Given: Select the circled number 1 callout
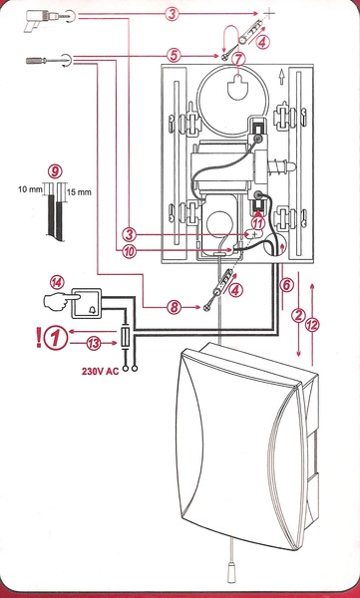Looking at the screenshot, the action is (x=56, y=338).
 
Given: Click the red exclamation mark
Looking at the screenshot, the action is (x=39, y=338).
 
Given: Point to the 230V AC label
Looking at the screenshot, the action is (x=100, y=371).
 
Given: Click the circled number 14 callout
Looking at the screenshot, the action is (x=58, y=283).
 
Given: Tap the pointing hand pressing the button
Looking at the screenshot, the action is (x=57, y=301).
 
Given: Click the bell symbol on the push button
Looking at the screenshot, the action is (x=93, y=310).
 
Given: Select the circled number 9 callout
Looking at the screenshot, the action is (x=56, y=172).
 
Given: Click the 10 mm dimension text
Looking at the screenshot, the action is (x=30, y=189).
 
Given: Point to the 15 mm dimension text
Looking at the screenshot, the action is (x=79, y=192).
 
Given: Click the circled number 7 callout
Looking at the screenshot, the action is (x=238, y=59).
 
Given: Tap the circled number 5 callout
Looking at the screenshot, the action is (x=174, y=56).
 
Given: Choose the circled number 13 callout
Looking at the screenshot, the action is (x=93, y=343).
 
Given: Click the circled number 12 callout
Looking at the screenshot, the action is (x=313, y=325).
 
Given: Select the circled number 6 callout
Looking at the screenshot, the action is (x=286, y=284).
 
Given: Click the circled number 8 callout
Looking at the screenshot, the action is (x=175, y=307).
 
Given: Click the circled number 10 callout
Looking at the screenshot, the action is (x=130, y=251).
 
